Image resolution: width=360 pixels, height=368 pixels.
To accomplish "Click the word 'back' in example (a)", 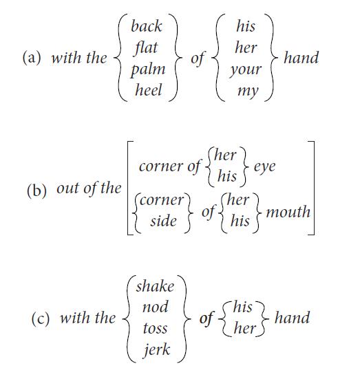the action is [147, 26].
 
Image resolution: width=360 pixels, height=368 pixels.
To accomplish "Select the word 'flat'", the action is [146, 48].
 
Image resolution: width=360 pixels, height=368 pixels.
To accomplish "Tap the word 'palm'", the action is [148, 70].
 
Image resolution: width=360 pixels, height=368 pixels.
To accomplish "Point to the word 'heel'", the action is [149, 90].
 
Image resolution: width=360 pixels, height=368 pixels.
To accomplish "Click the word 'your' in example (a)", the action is [246, 70].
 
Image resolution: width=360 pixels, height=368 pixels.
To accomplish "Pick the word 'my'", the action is [248, 91].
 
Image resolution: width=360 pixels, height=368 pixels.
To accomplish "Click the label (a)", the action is [32, 58].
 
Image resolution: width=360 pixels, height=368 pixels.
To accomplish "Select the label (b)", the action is [36, 191].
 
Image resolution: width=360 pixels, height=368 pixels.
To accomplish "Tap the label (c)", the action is [41, 318].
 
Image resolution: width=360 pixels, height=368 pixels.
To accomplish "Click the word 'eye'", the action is [264, 167].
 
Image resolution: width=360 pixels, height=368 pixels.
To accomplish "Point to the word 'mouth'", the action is [288, 212].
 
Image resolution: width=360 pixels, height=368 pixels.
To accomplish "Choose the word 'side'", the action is [163, 221].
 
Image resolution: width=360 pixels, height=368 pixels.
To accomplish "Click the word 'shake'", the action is [156, 287].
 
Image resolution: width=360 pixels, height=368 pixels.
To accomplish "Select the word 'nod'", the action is [156, 307].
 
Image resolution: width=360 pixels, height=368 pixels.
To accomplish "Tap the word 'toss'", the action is [156, 328].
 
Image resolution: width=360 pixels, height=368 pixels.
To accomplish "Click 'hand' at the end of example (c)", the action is [292, 318].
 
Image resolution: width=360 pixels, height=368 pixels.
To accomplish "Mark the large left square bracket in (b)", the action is [128, 188].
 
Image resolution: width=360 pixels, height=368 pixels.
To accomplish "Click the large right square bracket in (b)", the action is [313, 188].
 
